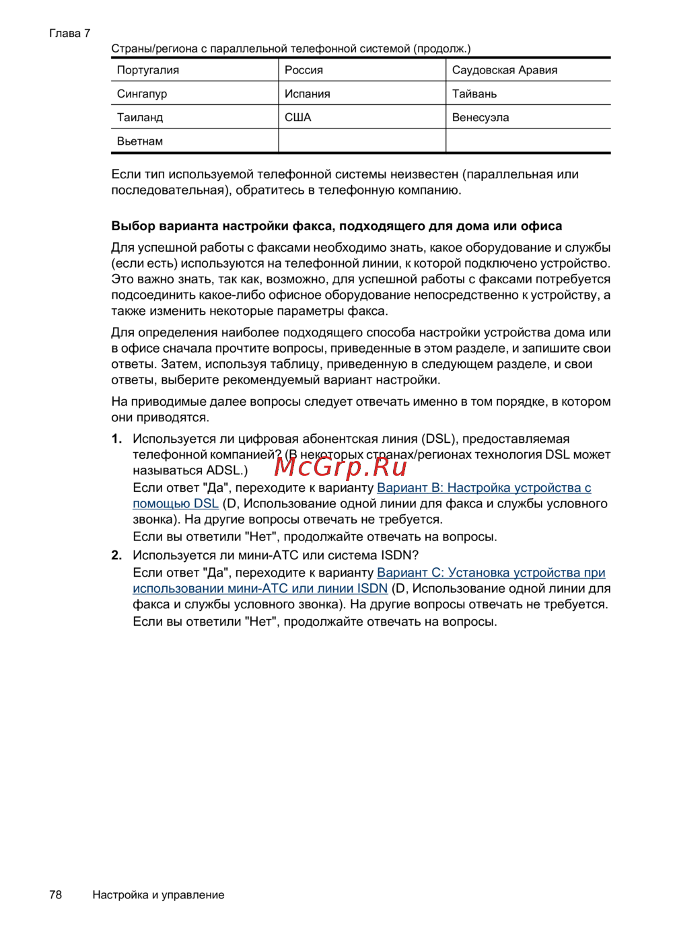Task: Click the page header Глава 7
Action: [70, 33]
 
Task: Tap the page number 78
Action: [56, 894]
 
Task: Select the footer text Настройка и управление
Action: [158, 894]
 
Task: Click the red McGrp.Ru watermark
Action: [341, 466]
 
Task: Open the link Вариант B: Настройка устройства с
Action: [484, 487]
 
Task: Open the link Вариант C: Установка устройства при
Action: [491, 572]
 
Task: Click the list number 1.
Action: [116, 439]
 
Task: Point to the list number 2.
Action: [116, 555]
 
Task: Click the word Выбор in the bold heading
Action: [133, 226]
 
